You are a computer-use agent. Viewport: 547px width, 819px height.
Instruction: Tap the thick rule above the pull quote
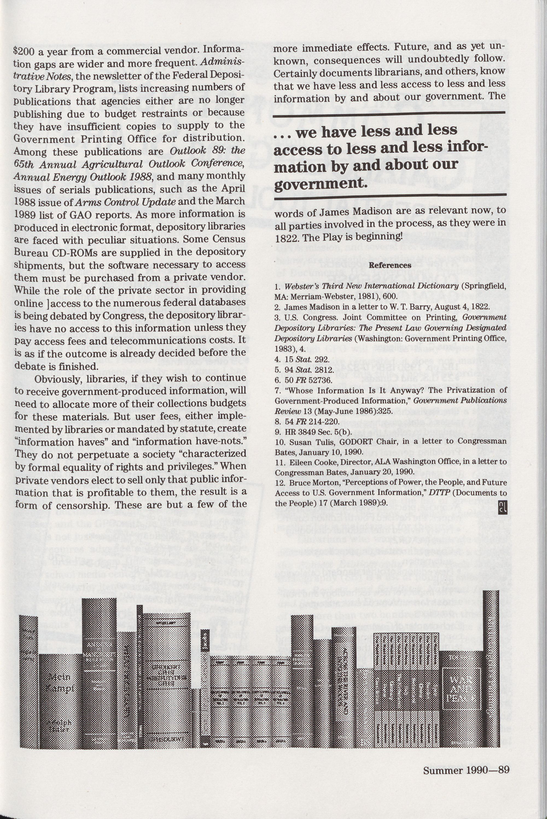coord(389,112)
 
